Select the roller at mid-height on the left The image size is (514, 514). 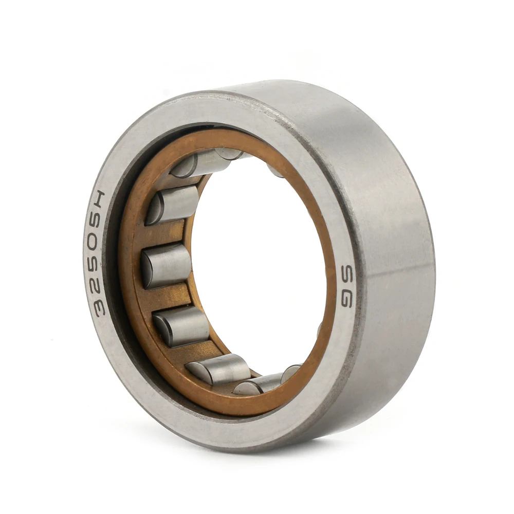(166, 266)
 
